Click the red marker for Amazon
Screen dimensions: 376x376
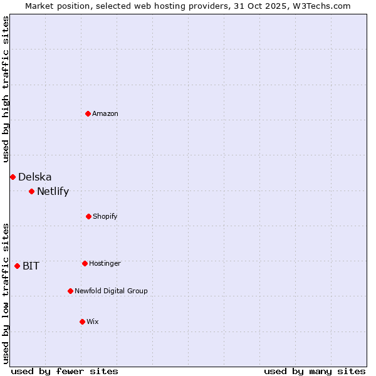pos(88,113)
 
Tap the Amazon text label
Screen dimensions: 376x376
pos(105,113)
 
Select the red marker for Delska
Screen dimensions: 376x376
pos(13,177)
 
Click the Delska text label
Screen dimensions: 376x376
pos(35,177)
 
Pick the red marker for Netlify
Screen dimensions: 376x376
pos(31,191)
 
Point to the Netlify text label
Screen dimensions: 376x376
pos(53,192)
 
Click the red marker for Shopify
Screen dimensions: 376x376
pos(88,216)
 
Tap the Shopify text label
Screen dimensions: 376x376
pos(105,216)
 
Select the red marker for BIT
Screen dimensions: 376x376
pos(17,266)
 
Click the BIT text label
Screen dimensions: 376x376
pos(31,266)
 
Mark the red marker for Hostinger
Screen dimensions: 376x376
pos(85,263)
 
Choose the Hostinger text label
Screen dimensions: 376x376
pos(105,263)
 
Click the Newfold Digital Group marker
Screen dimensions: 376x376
pos(70,291)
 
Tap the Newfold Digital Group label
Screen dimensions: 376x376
pos(112,291)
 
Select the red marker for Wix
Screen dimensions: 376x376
pos(82,321)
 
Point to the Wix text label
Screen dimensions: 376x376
pos(93,321)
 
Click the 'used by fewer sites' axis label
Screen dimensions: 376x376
pos(65,371)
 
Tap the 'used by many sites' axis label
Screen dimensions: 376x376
pos(315,371)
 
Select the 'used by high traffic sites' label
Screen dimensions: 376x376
pos(6,89)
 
